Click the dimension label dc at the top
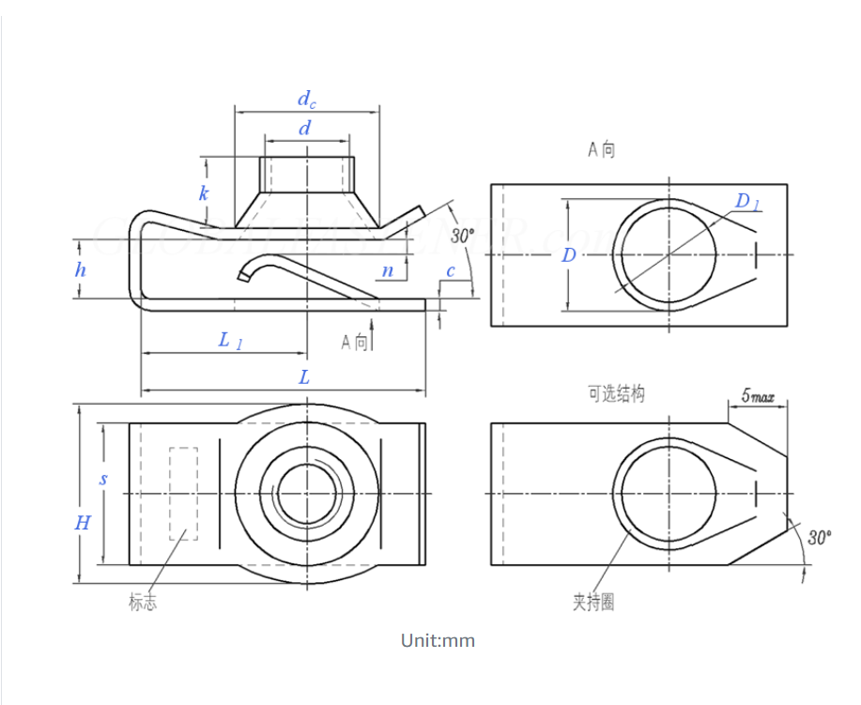307,100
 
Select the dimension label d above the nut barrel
304,129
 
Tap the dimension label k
203,193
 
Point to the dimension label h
82,269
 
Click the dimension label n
387,270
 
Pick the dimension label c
451,270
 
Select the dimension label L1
230,340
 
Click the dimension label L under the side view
304,377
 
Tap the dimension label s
103,479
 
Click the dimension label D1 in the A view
747,201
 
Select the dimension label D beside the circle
569,254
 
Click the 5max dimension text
758,397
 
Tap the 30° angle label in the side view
463,235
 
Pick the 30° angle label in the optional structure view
819,538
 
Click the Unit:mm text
438,641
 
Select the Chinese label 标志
143,603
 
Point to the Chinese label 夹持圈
593,602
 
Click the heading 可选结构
616,394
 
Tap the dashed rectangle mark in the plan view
183,493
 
